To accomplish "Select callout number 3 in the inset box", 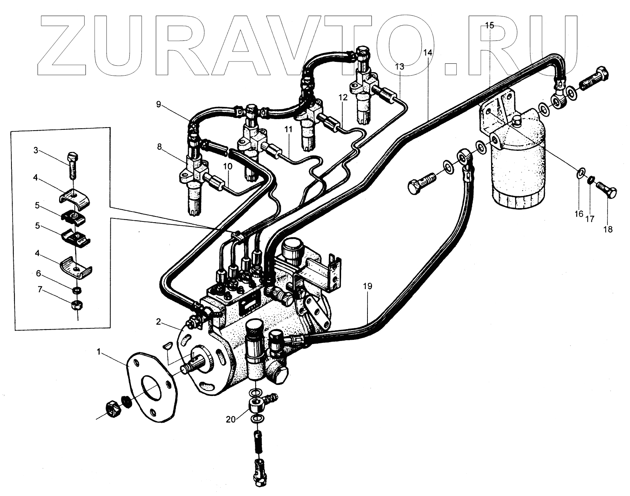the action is pyautogui.click(x=36, y=150).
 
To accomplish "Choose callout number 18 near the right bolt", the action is pyautogui.click(x=607, y=229).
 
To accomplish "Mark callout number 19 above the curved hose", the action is pyautogui.click(x=367, y=286).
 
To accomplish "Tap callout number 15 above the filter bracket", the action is pyautogui.click(x=489, y=26).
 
